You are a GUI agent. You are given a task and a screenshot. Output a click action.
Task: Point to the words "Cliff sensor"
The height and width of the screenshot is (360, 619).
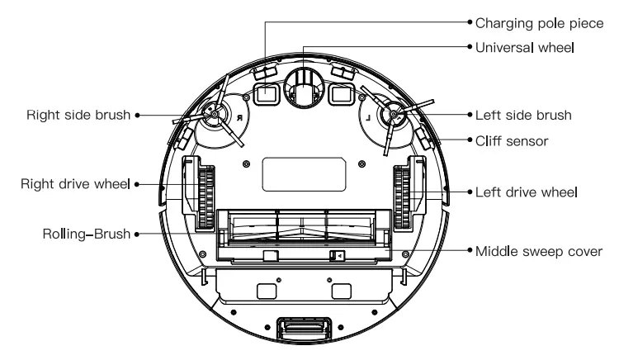511,141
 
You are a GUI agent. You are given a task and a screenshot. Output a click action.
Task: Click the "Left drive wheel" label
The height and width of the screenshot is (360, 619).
526,191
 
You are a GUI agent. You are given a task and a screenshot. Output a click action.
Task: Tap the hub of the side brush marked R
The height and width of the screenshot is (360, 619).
212,116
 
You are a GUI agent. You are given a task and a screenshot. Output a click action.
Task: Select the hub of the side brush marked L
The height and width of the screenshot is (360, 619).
391,116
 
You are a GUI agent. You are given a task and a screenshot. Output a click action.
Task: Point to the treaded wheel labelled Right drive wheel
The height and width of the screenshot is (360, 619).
205,195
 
